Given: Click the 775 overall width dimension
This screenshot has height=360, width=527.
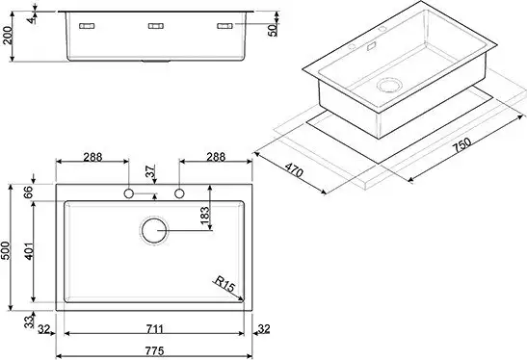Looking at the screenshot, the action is [155, 351].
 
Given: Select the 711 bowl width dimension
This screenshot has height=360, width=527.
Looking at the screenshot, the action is [155, 329].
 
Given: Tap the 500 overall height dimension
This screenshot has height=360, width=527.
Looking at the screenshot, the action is [7, 250].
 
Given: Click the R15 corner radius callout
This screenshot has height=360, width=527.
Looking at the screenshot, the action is [224, 285].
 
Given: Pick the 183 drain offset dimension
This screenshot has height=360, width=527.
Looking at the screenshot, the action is [204, 216].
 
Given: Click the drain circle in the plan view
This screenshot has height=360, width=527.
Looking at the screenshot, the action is [154, 231].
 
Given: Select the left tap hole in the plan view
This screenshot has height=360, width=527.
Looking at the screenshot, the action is [129, 193].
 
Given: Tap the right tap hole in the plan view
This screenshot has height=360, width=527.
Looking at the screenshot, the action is [179, 193].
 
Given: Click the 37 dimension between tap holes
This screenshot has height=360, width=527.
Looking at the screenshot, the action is [151, 171].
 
